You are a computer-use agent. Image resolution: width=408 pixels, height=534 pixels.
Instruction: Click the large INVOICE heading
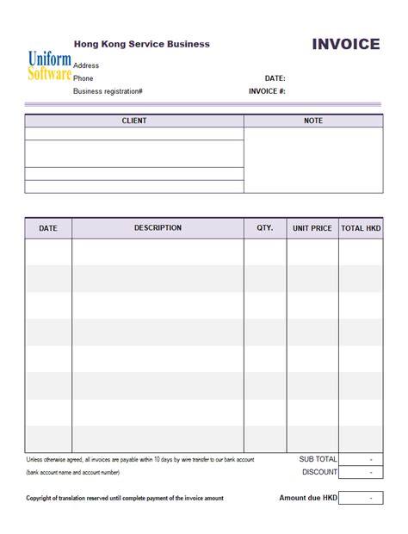[x=345, y=45]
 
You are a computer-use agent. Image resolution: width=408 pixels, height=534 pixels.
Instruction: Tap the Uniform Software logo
[x=49, y=65]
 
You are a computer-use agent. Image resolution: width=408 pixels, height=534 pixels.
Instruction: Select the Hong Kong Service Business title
[x=141, y=44]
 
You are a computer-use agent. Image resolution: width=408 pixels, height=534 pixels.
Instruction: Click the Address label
[x=86, y=65]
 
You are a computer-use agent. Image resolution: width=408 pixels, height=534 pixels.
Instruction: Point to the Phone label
[x=83, y=78]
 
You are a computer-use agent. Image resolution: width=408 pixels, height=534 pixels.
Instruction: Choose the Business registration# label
[x=108, y=90]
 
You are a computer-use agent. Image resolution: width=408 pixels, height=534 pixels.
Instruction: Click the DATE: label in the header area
[x=275, y=78]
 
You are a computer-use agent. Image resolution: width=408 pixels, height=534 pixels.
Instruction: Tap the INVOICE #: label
[x=267, y=90]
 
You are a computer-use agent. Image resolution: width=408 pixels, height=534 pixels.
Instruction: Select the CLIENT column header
[x=134, y=121]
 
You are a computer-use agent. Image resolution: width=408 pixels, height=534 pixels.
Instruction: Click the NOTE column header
[x=313, y=121]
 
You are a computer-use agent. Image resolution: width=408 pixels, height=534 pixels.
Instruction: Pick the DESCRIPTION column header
[x=158, y=228]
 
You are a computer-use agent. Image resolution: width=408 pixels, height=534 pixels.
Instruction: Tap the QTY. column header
[x=265, y=228]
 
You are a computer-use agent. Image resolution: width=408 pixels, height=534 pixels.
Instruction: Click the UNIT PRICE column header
[x=312, y=228]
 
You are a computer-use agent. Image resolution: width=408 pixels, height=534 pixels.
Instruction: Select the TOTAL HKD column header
[x=361, y=228]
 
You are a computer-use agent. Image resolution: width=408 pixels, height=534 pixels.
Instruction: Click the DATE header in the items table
[x=48, y=228]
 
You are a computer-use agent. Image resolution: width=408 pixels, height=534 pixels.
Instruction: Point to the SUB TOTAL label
[x=318, y=460]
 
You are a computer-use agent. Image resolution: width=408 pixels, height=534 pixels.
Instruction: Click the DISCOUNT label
[x=319, y=472]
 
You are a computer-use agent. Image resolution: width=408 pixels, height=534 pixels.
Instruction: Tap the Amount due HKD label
[x=308, y=498]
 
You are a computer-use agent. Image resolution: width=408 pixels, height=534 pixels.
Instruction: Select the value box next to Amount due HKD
[x=361, y=498]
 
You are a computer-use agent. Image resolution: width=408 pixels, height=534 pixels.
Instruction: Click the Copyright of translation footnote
[x=125, y=498]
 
